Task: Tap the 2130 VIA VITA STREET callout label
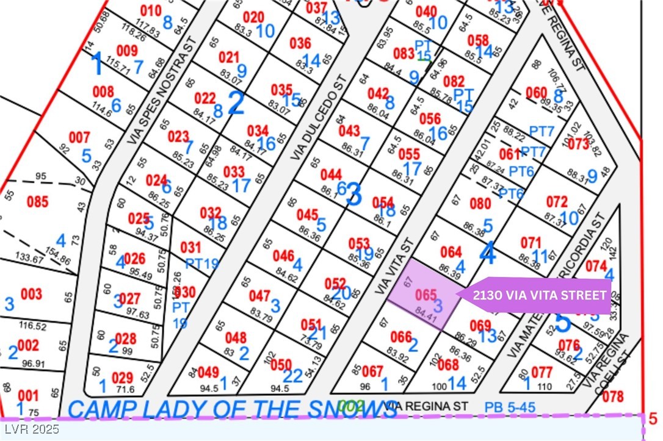pyautogui.click(x=541, y=295)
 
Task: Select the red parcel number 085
pyautogui.click(x=37, y=201)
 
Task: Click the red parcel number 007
pyautogui.click(x=79, y=138)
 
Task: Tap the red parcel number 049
pyautogui.click(x=208, y=372)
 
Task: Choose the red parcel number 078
pyautogui.click(x=613, y=397)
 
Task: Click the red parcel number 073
pyautogui.click(x=578, y=145)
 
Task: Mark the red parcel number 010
pyautogui.click(x=151, y=10)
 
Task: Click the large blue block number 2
pyautogui.click(x=236, y=104)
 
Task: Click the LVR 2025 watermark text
pyautogui.click(x=30, y=429)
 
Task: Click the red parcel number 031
pyautogui.click(x=190, y=247)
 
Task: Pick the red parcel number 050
pyautogui.click(x=281, y=364)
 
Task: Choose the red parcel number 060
pyautogui.click(x=536, y=93)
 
